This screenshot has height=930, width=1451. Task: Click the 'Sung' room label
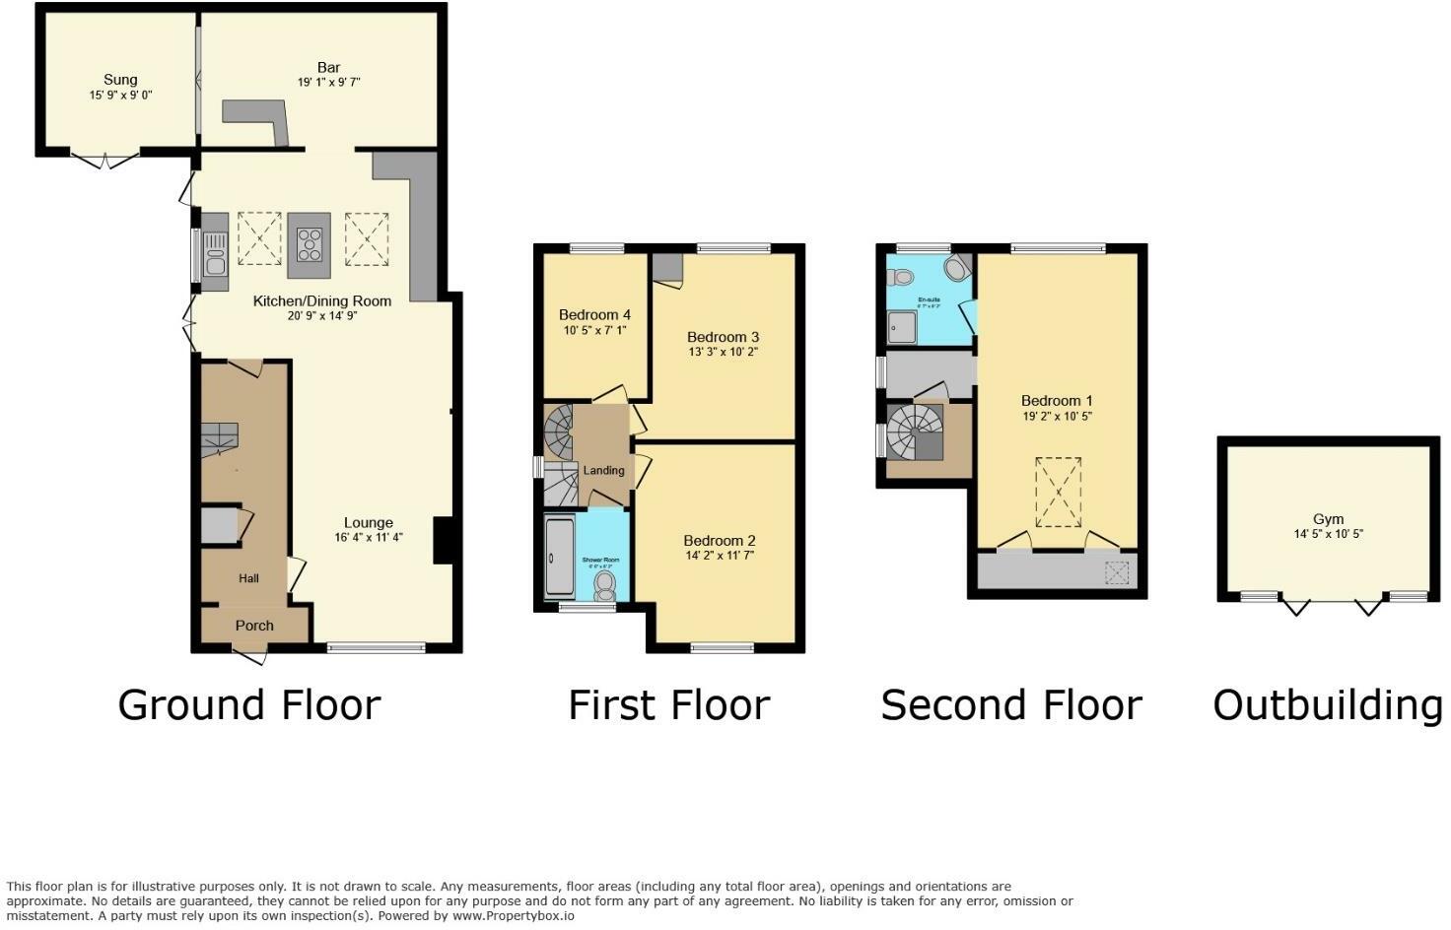coord(120,80)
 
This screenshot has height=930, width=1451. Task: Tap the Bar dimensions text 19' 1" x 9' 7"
coord(328,83)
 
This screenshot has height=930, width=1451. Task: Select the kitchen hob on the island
coord(310,243)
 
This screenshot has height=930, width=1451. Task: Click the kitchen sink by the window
coord(214,252)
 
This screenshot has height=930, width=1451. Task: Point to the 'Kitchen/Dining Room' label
coord(322,301)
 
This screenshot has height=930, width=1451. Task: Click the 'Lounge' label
coord(368,523)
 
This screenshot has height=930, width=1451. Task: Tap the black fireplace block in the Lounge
coord(443,541)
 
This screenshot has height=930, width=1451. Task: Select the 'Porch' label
coord(254,626)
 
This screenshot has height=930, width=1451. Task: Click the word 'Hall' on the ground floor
coord(248,578)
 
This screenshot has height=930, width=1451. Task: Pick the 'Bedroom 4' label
coord(594,315)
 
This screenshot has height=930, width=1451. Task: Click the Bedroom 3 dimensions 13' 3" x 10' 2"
coord(723,352)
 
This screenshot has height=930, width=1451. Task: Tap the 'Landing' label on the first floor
coord(603,470)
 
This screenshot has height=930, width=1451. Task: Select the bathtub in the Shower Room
coord(558,557)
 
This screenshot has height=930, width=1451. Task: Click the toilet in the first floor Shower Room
coord(604,586)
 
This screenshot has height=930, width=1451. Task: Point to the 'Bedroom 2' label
coord(720,541)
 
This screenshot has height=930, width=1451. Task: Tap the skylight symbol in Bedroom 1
coord(1058,492)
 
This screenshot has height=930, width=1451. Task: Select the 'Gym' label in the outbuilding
coord(1328,519)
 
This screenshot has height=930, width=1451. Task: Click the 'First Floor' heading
coord(668,705)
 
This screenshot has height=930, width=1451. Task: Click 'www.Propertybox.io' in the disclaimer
coord(514,915)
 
